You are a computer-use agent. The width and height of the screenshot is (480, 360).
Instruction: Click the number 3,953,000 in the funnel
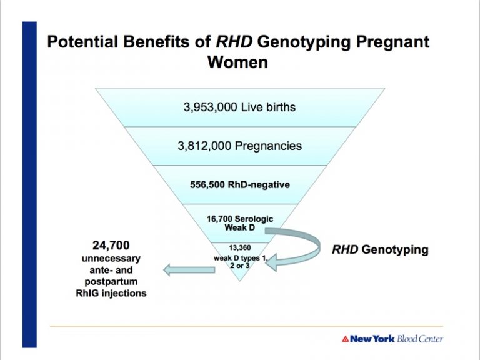[x=210, y=107]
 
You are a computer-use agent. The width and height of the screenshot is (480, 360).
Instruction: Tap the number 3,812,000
[x=204, y=146]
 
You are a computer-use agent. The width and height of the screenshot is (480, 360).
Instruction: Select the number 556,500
[x=207, y=185]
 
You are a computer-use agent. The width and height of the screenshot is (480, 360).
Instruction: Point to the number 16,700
[x=219, y=219]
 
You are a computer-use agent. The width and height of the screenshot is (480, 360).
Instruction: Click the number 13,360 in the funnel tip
[x=240, y=247]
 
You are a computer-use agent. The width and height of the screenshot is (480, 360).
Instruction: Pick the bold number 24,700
[x=111, y=246]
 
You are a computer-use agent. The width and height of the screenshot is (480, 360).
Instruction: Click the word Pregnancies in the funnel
[x=268, y=146]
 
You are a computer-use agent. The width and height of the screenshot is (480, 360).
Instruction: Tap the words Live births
[x=269, y=107]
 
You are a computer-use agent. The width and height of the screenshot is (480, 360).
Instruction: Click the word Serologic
[x=253, y=219]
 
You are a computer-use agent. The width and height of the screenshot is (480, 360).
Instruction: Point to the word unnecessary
[x=111, y=259]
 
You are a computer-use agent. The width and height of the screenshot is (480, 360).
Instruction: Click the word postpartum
[x=111, y=282]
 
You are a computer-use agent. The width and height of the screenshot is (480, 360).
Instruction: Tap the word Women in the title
[x=238, y=62]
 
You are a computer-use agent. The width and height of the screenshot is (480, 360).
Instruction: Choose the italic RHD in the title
[x=234, y=42]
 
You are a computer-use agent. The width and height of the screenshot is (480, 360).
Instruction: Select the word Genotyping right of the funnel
[x=395, y=249]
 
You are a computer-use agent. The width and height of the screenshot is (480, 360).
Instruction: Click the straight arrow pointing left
[x=189, y=270]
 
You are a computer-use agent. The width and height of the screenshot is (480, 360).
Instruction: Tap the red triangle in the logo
[x=346, y=339]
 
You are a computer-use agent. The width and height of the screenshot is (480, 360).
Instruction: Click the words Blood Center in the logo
[x=420, y=339]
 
